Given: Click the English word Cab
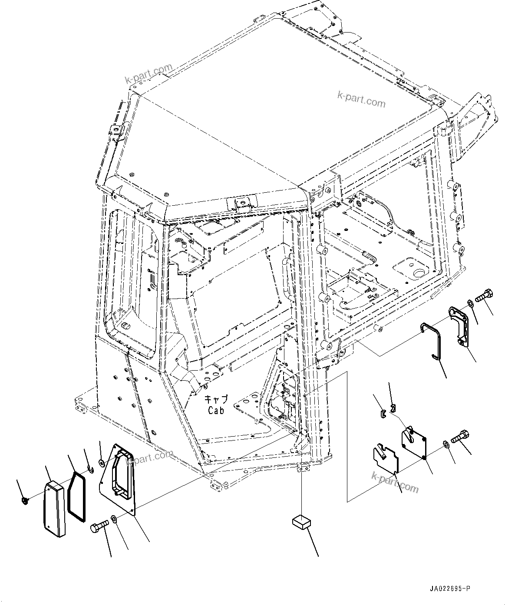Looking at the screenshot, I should tap(215, 410).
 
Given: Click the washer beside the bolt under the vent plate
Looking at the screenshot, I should tap(113, 518).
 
